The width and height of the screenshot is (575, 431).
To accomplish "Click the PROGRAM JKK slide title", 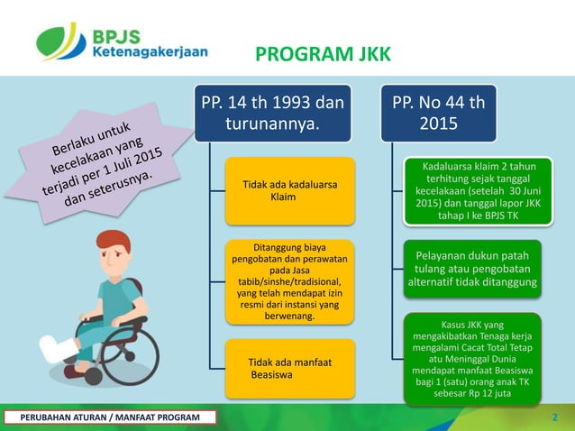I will point(324,56).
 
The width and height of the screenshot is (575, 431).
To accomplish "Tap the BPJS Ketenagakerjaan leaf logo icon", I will point(61,41).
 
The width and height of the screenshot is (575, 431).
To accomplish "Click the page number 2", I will point(554,417).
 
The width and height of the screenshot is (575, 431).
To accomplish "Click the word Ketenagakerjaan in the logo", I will point(150,51).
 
